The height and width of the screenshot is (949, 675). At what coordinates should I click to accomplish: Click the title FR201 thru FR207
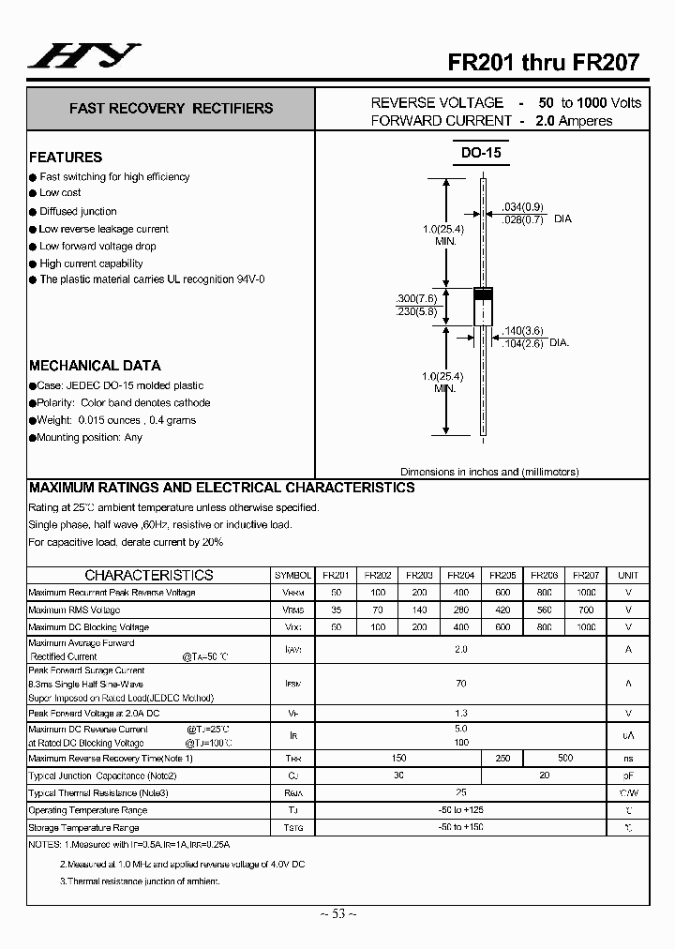[x=543, y=62]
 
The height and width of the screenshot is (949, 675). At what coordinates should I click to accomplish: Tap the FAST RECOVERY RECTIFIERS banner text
[x=171, y=109]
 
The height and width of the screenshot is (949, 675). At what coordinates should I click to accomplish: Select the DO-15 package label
[x=481, y=153]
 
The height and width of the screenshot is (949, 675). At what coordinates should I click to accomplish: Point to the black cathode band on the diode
[x=482, y=295]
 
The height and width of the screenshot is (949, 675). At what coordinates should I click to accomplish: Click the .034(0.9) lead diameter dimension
[x=522, y=207]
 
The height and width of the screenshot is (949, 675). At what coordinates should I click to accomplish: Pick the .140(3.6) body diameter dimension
[x=523, y=331]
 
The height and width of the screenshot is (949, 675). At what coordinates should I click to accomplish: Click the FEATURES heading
[x=66, y=158]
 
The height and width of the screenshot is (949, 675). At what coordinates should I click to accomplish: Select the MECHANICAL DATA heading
[x=95, y=366]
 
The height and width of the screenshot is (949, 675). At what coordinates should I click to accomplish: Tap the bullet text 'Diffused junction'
[x=78, y=212]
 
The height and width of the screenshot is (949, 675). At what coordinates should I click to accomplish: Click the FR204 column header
[x=460, y=575]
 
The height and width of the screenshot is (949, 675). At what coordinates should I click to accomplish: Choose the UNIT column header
[x=628, y=575]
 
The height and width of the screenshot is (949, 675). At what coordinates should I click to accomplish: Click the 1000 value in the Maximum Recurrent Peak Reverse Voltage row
[x=586, y=593]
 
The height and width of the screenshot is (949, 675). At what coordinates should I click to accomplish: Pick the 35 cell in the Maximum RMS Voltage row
[x=337, y=610]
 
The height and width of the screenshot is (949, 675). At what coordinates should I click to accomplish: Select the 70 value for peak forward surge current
[x=460, y=685]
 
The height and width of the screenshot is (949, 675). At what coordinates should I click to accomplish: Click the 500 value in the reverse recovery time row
[x=565, y=758]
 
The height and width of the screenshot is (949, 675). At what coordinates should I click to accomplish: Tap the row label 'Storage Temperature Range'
[x=83, y=828]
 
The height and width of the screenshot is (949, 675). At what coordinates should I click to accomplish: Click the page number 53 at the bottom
[x=337, y=914]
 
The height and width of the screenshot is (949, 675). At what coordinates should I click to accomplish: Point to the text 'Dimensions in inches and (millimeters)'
[x=489, y=472]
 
